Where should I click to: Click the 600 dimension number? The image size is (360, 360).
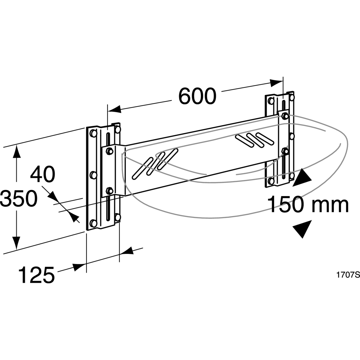click(x=197, y=96)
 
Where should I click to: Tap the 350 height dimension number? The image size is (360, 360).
click(x=18, y=199)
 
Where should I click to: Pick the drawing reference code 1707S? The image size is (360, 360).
click(x=348, y=275)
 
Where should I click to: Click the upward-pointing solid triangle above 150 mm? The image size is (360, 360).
click(x=302, y=177)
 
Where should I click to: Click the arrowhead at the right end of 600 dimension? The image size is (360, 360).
click(x=276, y=82)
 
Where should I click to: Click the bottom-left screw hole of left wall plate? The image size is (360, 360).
click(x=93, y=223)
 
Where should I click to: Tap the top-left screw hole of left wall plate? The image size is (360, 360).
click(x=93, y=133)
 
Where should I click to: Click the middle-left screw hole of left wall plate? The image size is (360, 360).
click(x=93, y=175)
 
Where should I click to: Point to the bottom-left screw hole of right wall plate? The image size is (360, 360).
click(x=271, y=181)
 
